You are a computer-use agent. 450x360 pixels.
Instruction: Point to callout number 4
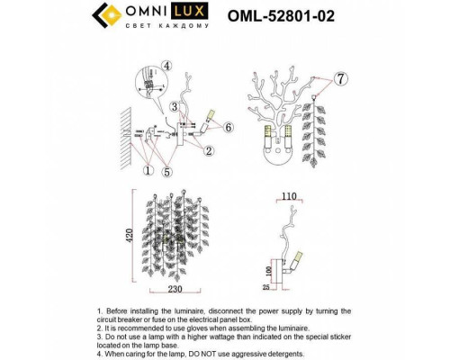[167, 65]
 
